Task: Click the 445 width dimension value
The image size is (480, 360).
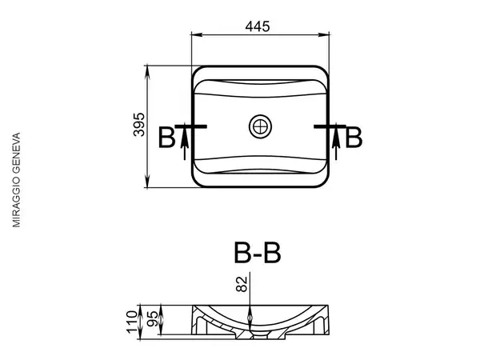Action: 258,26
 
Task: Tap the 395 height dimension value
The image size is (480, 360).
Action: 139,125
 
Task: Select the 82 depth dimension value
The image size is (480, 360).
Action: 242,284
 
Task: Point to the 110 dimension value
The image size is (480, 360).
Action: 132,322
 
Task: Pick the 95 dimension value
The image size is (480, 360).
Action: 153,318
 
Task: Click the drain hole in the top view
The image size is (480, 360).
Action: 260,126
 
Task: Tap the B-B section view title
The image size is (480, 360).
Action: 257,253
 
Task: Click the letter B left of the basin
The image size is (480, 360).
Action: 167,138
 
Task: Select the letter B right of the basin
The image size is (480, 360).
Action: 354,138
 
